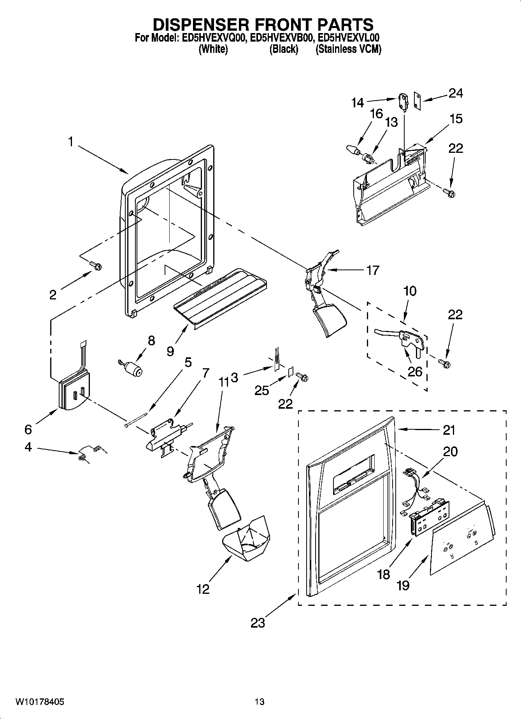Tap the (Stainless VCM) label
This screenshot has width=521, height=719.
click(x=348, y=49)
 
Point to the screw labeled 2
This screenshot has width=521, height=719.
click(x=96, y=266)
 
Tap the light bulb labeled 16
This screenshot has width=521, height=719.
click(x=353, y=150)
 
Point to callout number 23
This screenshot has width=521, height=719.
click(x=258, y=623)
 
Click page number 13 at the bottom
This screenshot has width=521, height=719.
click(x=260, y=702)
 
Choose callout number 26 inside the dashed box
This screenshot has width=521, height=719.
click(x=415, y=371)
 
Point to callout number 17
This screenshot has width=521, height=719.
click(x=372, y=270)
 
